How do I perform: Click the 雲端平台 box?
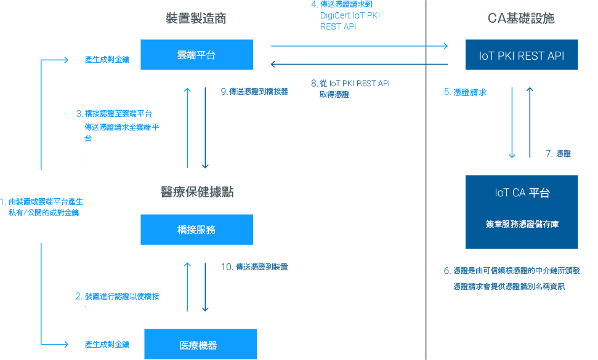click(196, 55)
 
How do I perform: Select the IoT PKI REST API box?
click(521, 55)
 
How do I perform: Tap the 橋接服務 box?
click(196, 230)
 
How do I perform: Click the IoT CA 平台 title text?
click(522, 193)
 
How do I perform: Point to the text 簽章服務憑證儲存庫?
click(522, 225)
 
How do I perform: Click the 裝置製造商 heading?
click(196, 18)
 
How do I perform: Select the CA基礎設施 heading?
click(521, 18)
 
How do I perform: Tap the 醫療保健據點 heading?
click(196, 192)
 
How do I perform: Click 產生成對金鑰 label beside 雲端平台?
click(107, 60)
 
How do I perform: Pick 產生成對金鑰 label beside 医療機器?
click(107, 345)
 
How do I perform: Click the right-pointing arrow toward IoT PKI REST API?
click(359, 46)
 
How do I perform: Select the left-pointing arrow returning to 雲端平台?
click(359, 64)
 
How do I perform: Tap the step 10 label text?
click(255, 267)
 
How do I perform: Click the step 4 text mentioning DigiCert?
click(349, 16)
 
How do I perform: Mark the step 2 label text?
click(119, 296)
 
